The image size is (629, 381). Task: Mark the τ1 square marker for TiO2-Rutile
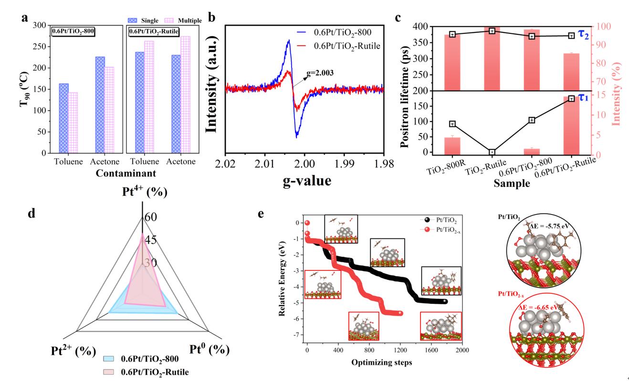click(x=492, y=152)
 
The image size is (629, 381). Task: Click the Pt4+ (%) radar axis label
click(x=142, y=193)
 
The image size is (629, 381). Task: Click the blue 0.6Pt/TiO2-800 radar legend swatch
click(x=111, y=359)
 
